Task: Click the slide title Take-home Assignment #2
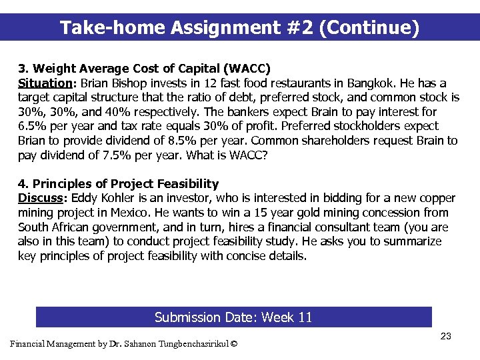[x=239, y=28]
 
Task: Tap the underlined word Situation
[x=45, y=83]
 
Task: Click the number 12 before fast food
[x=210, y=83]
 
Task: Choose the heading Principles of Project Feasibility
[x=125, y=184]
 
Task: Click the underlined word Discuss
[x=41, y=199]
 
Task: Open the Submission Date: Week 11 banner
[x=233, y=317]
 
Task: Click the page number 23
[x=446, y=337]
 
